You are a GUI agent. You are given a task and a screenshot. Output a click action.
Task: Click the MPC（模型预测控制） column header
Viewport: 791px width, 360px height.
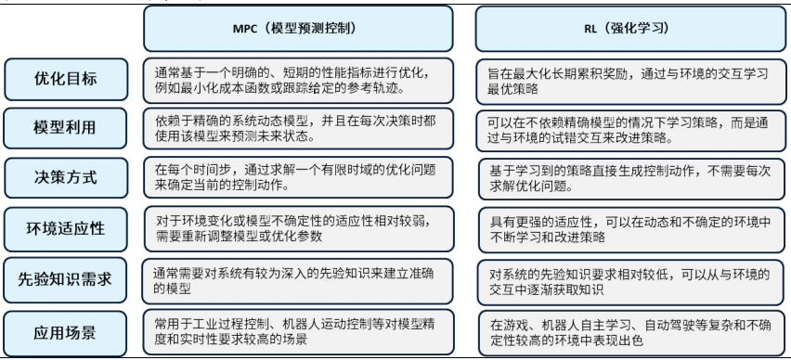tap(298, 28)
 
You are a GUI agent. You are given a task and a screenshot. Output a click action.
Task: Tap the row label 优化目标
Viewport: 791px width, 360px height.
tap(65, 79)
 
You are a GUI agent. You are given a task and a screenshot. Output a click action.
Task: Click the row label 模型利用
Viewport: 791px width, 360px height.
tap(65, 127)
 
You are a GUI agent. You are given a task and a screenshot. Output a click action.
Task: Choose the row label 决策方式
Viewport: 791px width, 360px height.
tap(65, 176)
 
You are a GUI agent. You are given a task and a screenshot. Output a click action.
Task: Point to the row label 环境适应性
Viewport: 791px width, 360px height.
tap(65, 227)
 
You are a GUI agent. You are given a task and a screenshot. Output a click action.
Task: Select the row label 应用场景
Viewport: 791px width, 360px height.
tap(65, 331)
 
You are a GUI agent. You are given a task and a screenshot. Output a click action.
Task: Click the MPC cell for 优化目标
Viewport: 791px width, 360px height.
tap(299, 79)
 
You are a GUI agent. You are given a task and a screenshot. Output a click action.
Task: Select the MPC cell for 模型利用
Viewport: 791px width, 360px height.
tap(299, 128)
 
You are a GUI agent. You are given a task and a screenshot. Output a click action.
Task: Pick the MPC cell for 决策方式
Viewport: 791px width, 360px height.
tap(299, 177)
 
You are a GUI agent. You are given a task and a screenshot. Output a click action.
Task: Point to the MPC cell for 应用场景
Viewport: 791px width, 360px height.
tap(299, 331)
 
